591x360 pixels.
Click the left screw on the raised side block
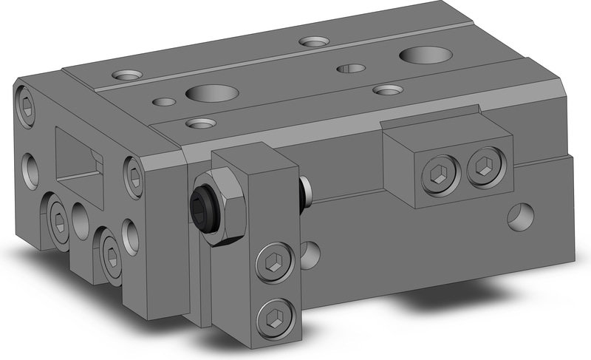click(x=434, y=174)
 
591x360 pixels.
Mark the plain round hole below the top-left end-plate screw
click(x=31, y=169)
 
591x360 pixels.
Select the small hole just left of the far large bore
click(x=350, y=69)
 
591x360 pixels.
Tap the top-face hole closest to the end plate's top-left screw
click(x=127, y=75)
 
